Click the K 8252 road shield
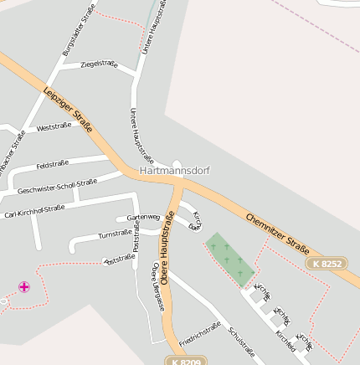(x=326, y=263)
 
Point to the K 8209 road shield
(x=184, y=361)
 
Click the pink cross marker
(x=24, y=287)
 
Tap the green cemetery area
(x=229, y=259)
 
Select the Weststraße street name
(x=54, y=126)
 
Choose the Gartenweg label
(x=142, y=218)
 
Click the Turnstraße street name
(x=115, y=234)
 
